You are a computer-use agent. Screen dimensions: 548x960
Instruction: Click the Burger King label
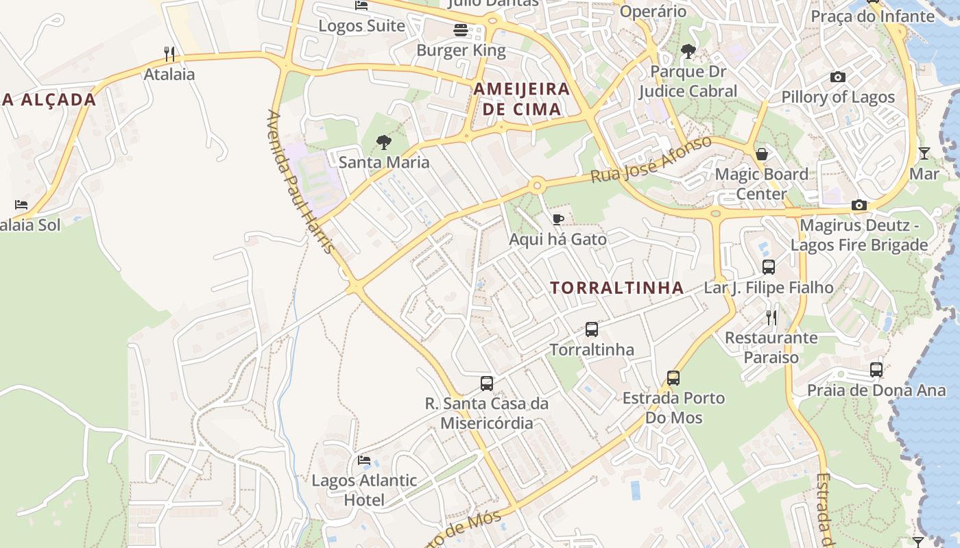pyautogui.click(x=461, y=50)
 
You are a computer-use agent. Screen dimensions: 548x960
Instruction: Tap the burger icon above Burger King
pyautogui.click(x=461, y=30)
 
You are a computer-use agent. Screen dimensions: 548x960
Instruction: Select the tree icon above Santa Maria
pyautogui.click(x=384, y=142)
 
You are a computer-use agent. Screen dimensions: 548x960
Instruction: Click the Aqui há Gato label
pyautogui.click(x=557, y=239)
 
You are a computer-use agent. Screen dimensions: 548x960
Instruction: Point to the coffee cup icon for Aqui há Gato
pyautogui.click(x=558, y=220)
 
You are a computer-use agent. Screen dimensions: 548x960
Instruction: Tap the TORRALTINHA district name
pyautogui.click(x=617, y=288)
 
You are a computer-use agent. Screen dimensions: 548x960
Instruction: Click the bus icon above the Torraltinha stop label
pyautogui.click(x=592, y=329)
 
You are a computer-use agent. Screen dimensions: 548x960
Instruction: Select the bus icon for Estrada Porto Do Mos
pyautogui.click(x=673, y=378)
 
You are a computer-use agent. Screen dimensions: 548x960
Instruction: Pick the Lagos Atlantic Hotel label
pyautogui.click(x=364, y=490)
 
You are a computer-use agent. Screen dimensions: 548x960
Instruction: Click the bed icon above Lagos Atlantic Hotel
pyautogui.click(x=364, y=460)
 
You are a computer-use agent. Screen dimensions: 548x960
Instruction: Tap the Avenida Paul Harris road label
pyautogui.click(x=302, y=182)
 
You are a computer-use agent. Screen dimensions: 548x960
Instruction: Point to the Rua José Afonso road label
pyautogui.click(x=651, y=160)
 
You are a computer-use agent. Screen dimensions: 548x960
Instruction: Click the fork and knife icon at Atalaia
pyautogui.click(x=169, y=53)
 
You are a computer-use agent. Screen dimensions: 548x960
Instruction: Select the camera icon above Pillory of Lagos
pyautogui.click(x=837, y=77)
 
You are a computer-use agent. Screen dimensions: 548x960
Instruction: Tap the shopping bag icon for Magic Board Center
pyautogui.click(x=761, y=154)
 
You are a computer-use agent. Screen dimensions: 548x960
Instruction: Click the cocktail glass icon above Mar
pyautogui.click(x=924, y=153)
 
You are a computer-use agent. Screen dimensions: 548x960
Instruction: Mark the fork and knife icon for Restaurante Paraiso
pyautogui.click(x=771, y=318)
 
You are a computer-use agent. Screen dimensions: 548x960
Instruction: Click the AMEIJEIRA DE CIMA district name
pyautogui.click(x=522, y=99)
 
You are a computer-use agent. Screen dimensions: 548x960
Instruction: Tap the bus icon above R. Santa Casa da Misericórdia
pyautogui.click(x=487, y=384)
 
